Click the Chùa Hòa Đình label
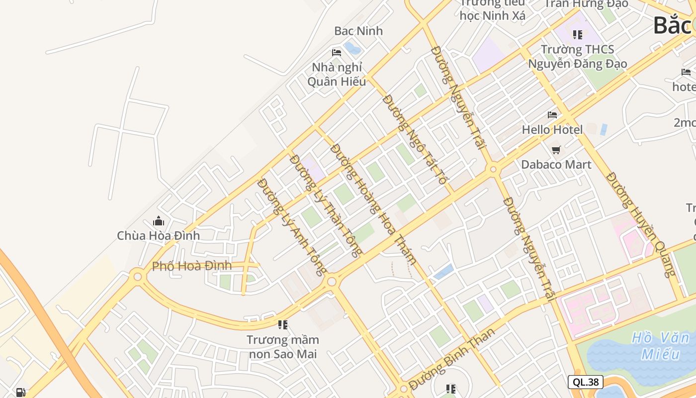click(158, 235)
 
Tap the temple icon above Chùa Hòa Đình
click(159, 220)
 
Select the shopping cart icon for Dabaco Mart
click(556, 149)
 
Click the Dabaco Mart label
click(556, 164)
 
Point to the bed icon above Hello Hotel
click(552, 115)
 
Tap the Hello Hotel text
click(552, 130)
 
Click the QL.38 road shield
click(585, 382)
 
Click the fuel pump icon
click(20, 392)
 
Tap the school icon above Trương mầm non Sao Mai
click(283, 325)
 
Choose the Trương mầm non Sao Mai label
click(283, 347)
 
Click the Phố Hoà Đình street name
click(192, 266)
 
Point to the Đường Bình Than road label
click(452, 359)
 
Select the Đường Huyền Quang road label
click(642, 225)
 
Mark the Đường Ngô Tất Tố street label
click(415, 140)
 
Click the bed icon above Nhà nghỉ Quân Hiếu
click(337, 52)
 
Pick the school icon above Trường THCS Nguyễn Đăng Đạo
click(577, 34)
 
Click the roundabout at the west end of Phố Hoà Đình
click(137, 276)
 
